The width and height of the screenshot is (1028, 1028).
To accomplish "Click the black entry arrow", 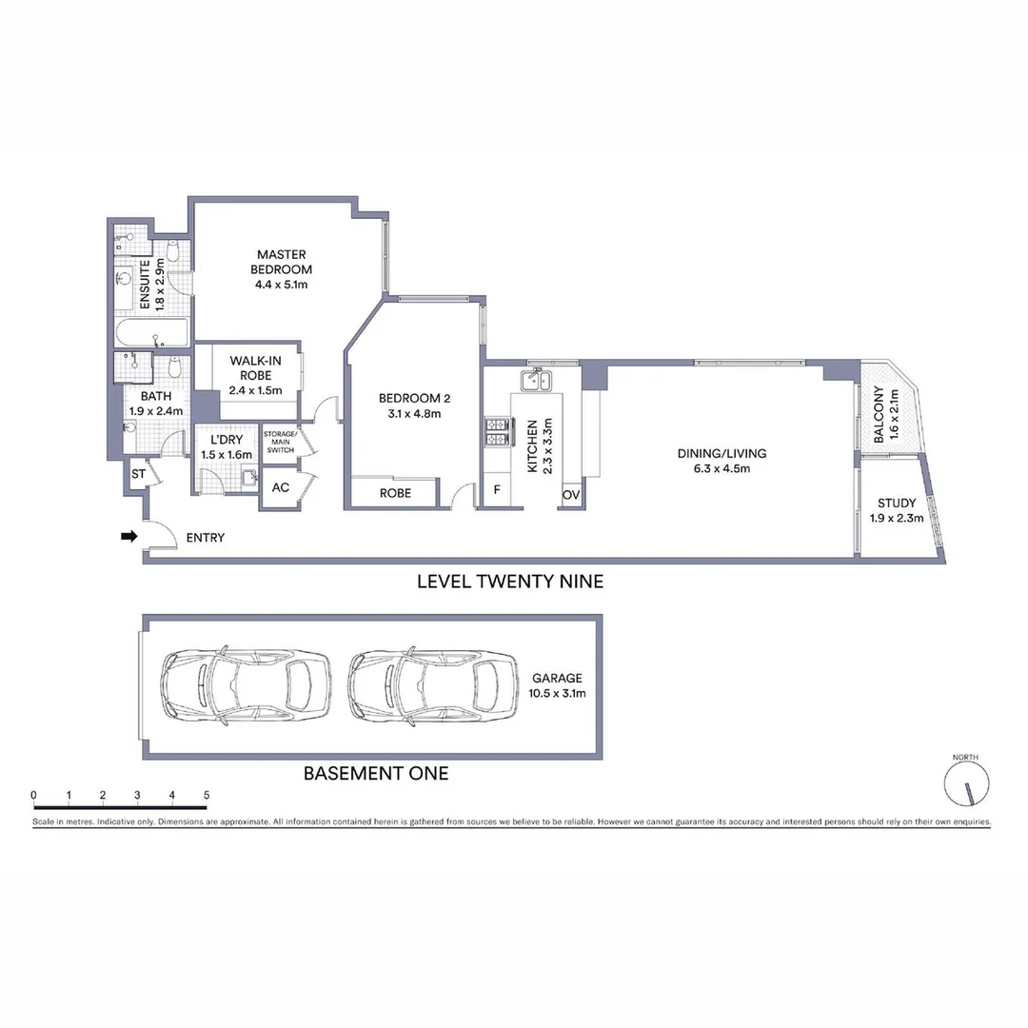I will tap(128, 537).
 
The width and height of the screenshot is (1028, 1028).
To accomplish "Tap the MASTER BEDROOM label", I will tap(281, 262).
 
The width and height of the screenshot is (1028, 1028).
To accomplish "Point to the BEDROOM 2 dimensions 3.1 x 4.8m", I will tap(410, 413).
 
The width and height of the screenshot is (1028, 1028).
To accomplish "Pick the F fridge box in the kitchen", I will tap(495, 494).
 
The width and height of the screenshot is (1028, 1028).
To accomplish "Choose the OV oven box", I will tap(571, 495).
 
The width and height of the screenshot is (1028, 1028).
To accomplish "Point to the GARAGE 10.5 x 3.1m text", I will tap(557, 685).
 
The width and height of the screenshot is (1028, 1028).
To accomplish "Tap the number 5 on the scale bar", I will tap(207, 794).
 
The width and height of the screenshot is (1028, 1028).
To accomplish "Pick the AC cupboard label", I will tap(281, 487).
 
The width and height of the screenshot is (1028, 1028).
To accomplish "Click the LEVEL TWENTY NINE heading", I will tap(510, 581).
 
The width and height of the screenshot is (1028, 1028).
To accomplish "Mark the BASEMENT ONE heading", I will tap(376, 773).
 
